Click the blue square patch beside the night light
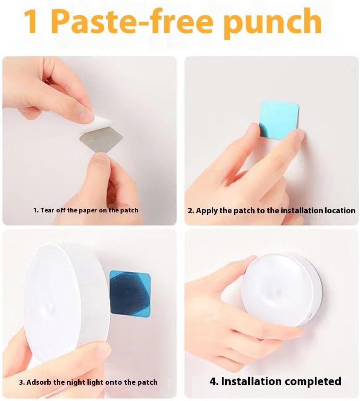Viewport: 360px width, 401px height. tap(130, 294)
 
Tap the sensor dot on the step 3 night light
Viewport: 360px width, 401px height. tap(50, 306)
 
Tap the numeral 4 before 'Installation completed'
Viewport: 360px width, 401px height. tap(213, 381)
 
